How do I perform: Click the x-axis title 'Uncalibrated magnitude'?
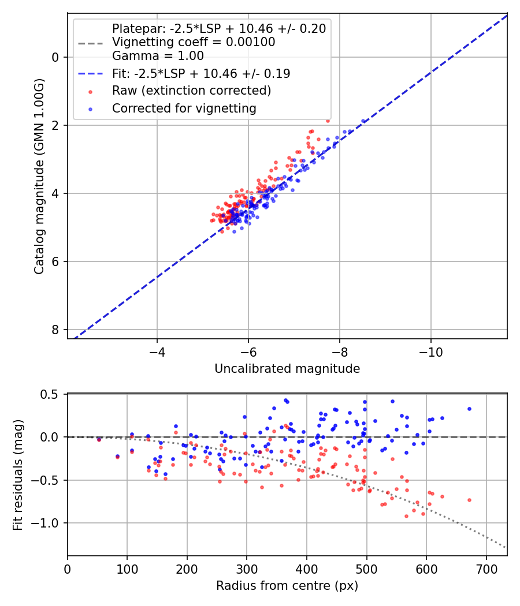coord(287,369)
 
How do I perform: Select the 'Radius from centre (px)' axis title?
coord(287,586)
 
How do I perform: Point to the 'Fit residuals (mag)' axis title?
coord(18,474)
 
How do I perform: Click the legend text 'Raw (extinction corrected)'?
coord(191,91)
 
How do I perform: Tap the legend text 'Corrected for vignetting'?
coord(184,108)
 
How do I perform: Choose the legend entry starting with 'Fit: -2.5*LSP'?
coord(201,74)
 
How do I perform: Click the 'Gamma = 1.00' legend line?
coord(158,56)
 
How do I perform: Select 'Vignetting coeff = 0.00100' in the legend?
coord(194,42)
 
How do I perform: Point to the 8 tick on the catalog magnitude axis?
coord(56,330)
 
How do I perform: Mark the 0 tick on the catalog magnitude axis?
coord(56,57)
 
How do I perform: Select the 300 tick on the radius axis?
coord(247,568)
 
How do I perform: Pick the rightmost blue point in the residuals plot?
coord(469,409)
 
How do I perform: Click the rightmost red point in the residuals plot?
coord(469,500)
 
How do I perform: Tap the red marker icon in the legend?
coord(90,91)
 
